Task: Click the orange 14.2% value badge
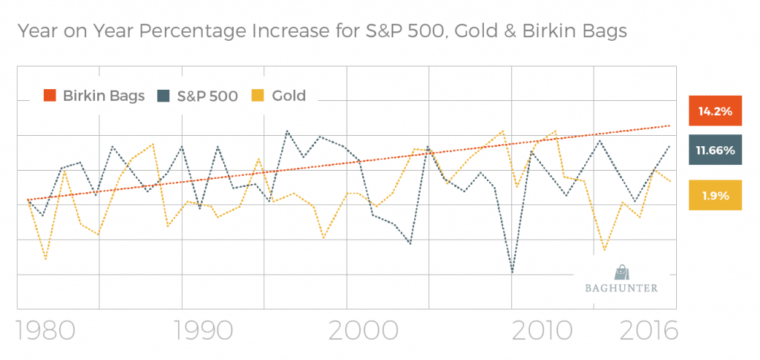(715, 111)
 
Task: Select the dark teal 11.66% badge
(715, 151)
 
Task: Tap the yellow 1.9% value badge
(715, 196)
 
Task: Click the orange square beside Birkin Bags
(50, 95)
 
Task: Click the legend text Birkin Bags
(103, 95)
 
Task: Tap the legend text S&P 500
(207, 95)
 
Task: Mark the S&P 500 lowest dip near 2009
(512, 272)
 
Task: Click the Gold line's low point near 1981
(45, 259)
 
